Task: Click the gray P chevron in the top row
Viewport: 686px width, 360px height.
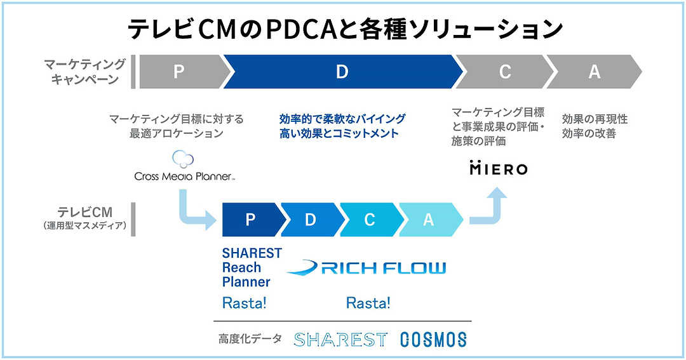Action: [180, 72]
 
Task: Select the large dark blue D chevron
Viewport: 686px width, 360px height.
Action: [342, 72]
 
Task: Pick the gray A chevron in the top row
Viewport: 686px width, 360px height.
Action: [594, 72]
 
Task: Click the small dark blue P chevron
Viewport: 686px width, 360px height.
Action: [250, 220]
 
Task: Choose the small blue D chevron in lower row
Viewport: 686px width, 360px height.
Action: [310, 220]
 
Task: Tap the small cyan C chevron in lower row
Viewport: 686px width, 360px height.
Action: [369, 220]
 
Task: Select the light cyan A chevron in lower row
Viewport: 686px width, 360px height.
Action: [429, 220]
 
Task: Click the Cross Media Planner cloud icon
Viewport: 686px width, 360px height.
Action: [183, 159]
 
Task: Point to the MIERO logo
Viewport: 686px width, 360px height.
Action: [498, 168]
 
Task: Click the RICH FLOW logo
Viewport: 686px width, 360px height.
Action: [367, 267]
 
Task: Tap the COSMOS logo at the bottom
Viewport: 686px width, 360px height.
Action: [433, 340]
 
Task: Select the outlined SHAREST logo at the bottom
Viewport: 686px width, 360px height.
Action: [340, 340]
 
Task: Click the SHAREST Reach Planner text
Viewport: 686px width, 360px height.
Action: [252, 267]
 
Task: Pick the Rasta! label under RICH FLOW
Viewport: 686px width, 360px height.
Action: [368, 303]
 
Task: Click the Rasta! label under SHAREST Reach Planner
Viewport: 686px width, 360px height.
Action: [245, 303]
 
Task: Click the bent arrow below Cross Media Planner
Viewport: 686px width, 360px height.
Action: [194, 213]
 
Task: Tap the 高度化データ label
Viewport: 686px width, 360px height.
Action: [250, 339]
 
